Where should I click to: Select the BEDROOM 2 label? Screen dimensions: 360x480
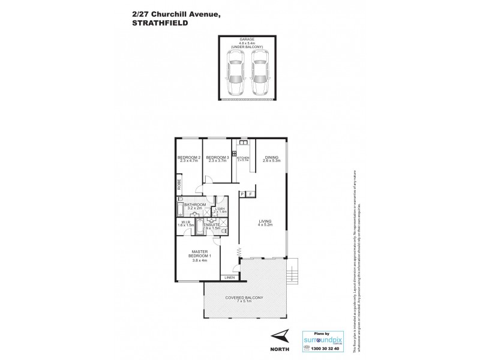tap(188, 157)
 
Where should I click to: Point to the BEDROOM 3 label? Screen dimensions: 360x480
tap(217, 157)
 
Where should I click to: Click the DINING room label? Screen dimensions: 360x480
tap(271, 157)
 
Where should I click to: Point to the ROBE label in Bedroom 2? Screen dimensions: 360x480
tap(179, 185)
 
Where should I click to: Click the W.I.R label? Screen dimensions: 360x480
tap(185, 222)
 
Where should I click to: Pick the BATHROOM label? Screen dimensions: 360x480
tap(196, 205)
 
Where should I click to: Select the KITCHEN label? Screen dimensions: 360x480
tap(243, 157)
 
